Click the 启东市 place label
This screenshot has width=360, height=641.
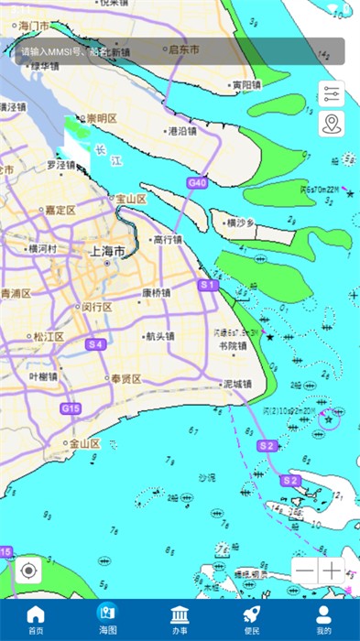coord(183,49)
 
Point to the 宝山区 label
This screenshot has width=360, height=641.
coord(129,199)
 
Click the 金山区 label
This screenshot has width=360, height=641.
coord(84,443)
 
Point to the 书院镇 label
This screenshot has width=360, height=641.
coord(233,345)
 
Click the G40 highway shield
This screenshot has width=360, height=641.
coord(197,183)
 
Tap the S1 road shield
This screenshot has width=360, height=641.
coord(208,286)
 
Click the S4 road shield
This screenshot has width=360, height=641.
coord(95,344)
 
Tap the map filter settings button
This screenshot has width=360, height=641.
coord(332,94)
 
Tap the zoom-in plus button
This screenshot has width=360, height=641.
coord(333,570)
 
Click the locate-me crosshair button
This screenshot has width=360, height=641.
coord(28,570)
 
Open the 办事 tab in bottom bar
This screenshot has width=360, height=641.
coord(180,619)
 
